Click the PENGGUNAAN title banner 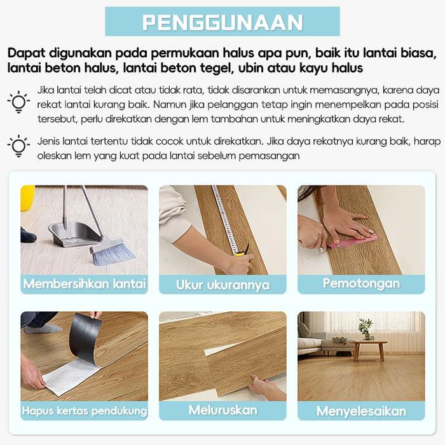(222, 22)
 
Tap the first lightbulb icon (18, 101)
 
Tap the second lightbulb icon (18, 146)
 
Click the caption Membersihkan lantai (85, 284)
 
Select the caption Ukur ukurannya (222, 285)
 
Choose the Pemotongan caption (360, 284)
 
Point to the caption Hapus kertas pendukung (85, 410)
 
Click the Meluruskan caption (222, 410)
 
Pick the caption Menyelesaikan (360, 411)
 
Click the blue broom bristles (113, 252)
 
